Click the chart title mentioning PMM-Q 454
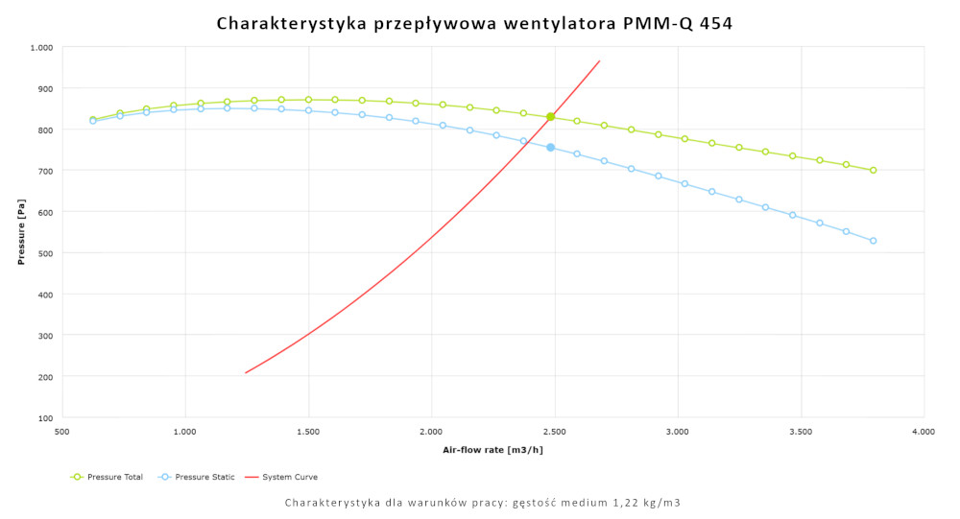click(x=474, y=23)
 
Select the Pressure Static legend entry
click(x=198, y=477)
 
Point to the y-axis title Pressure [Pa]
click(x=21, y=231)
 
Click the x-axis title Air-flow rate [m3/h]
click(x=492, y=449)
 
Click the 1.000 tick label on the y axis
click(x=41, y=47)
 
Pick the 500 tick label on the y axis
click(x=44, y=253)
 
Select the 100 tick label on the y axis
click(x=44, y=418)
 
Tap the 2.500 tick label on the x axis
click(x=554, y=433)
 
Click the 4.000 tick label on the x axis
click(x=924, y=433)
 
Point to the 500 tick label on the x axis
click(x=62, y=433)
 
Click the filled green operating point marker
click(x=551, y=117)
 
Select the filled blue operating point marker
click(x=551, y=148)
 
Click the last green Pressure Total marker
click(x=874, y=171)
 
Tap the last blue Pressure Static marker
click(x=874, y=241)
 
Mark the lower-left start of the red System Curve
click(x=246, y=373)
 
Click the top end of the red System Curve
click(x=600, y=60)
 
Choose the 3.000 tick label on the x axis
click(x=678, y=433)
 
